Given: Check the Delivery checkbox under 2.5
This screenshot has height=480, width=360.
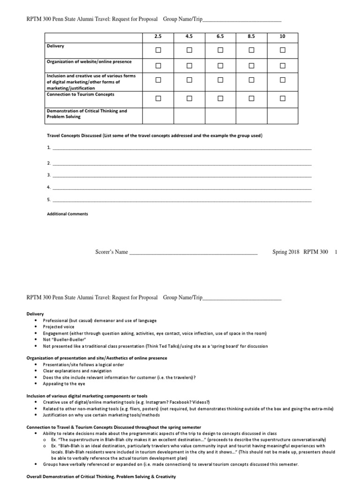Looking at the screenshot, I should click(158, 50).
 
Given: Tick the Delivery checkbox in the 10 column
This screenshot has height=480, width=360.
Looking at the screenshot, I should click(282, 50).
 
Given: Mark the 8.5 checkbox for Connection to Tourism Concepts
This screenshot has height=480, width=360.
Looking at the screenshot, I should click(251, 98).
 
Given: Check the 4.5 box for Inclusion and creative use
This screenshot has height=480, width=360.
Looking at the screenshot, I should click(189, 80).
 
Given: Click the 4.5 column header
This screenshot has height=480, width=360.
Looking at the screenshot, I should click(189, 37).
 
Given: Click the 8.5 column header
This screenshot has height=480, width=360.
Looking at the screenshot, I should click(251, 37).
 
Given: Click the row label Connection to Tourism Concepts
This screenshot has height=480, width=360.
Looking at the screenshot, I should click(80, 94).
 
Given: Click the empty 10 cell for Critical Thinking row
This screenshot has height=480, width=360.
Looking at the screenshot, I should click(282, 115).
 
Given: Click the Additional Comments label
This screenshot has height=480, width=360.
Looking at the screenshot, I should click(67, 214).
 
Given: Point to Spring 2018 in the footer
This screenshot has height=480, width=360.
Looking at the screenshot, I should click(285, 252).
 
